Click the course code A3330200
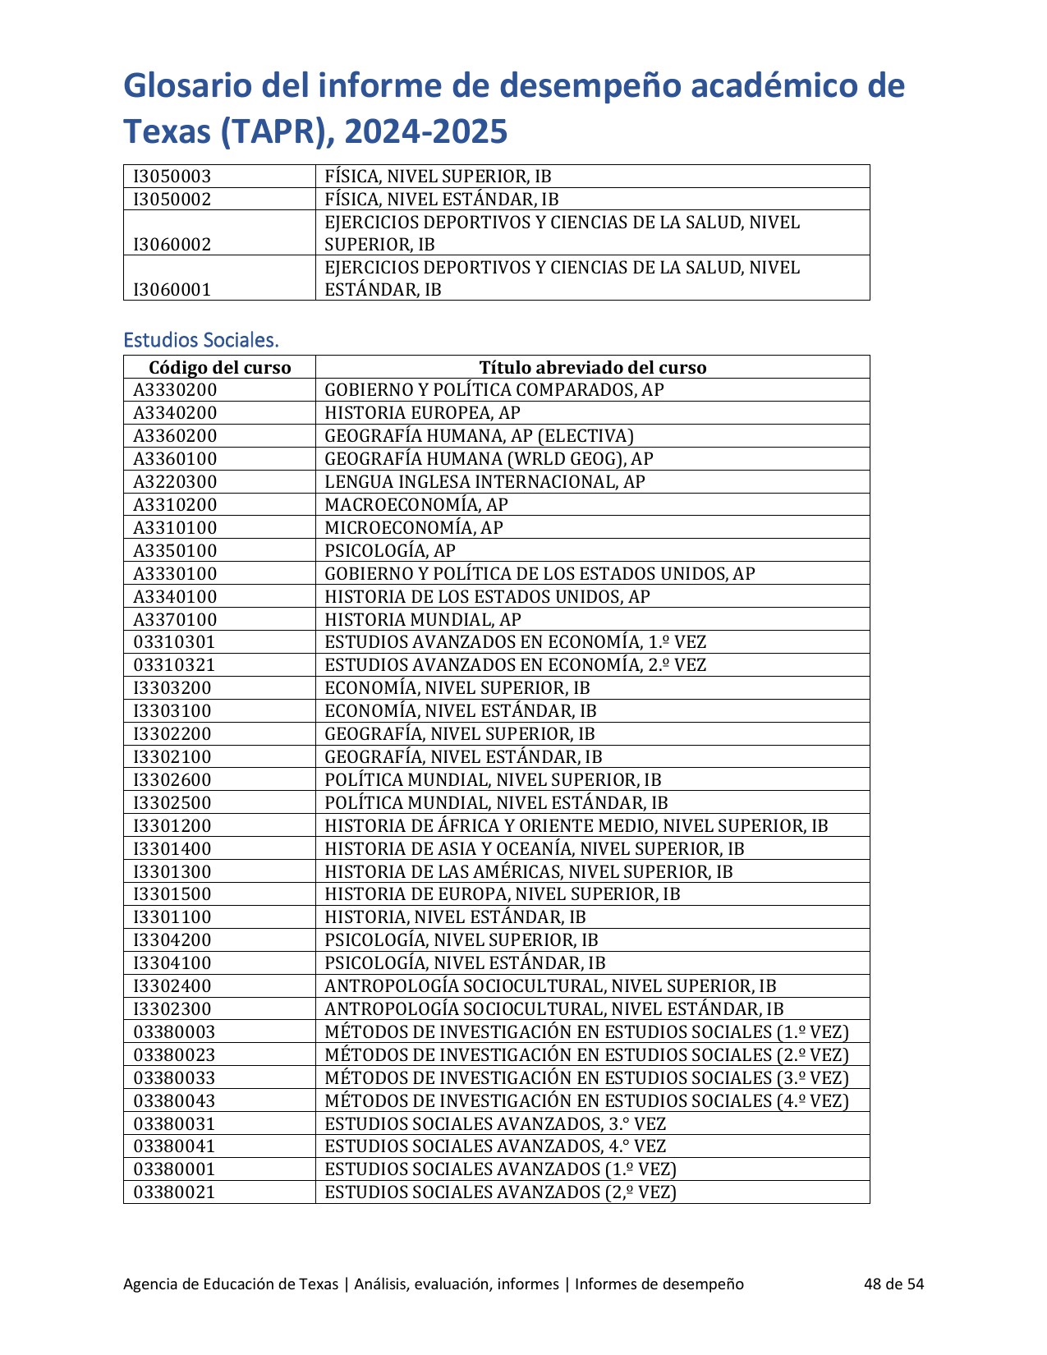pos(175,390)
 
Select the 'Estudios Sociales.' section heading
pos(201,340)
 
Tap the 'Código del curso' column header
pos(219,367)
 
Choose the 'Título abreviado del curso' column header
pos(592,367)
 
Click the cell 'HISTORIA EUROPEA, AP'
pos(422,413)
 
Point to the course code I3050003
pos(172,177)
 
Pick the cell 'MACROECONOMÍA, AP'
pos(416,505)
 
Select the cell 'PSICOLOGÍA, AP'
pos(389,551)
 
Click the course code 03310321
pos(174,665)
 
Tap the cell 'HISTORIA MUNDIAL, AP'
pos(422,620)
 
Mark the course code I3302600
pos(172,780)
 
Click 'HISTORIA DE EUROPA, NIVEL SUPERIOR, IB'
pos(502,894)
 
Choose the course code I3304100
pos(172,963)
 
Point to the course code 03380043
pos(174,1101)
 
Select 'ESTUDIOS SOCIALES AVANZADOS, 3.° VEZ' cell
pos(495,1124)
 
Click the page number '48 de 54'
pos(893,1284)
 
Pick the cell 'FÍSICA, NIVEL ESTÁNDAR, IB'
pos(441,200)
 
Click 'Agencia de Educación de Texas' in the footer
pos(230,1284)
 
